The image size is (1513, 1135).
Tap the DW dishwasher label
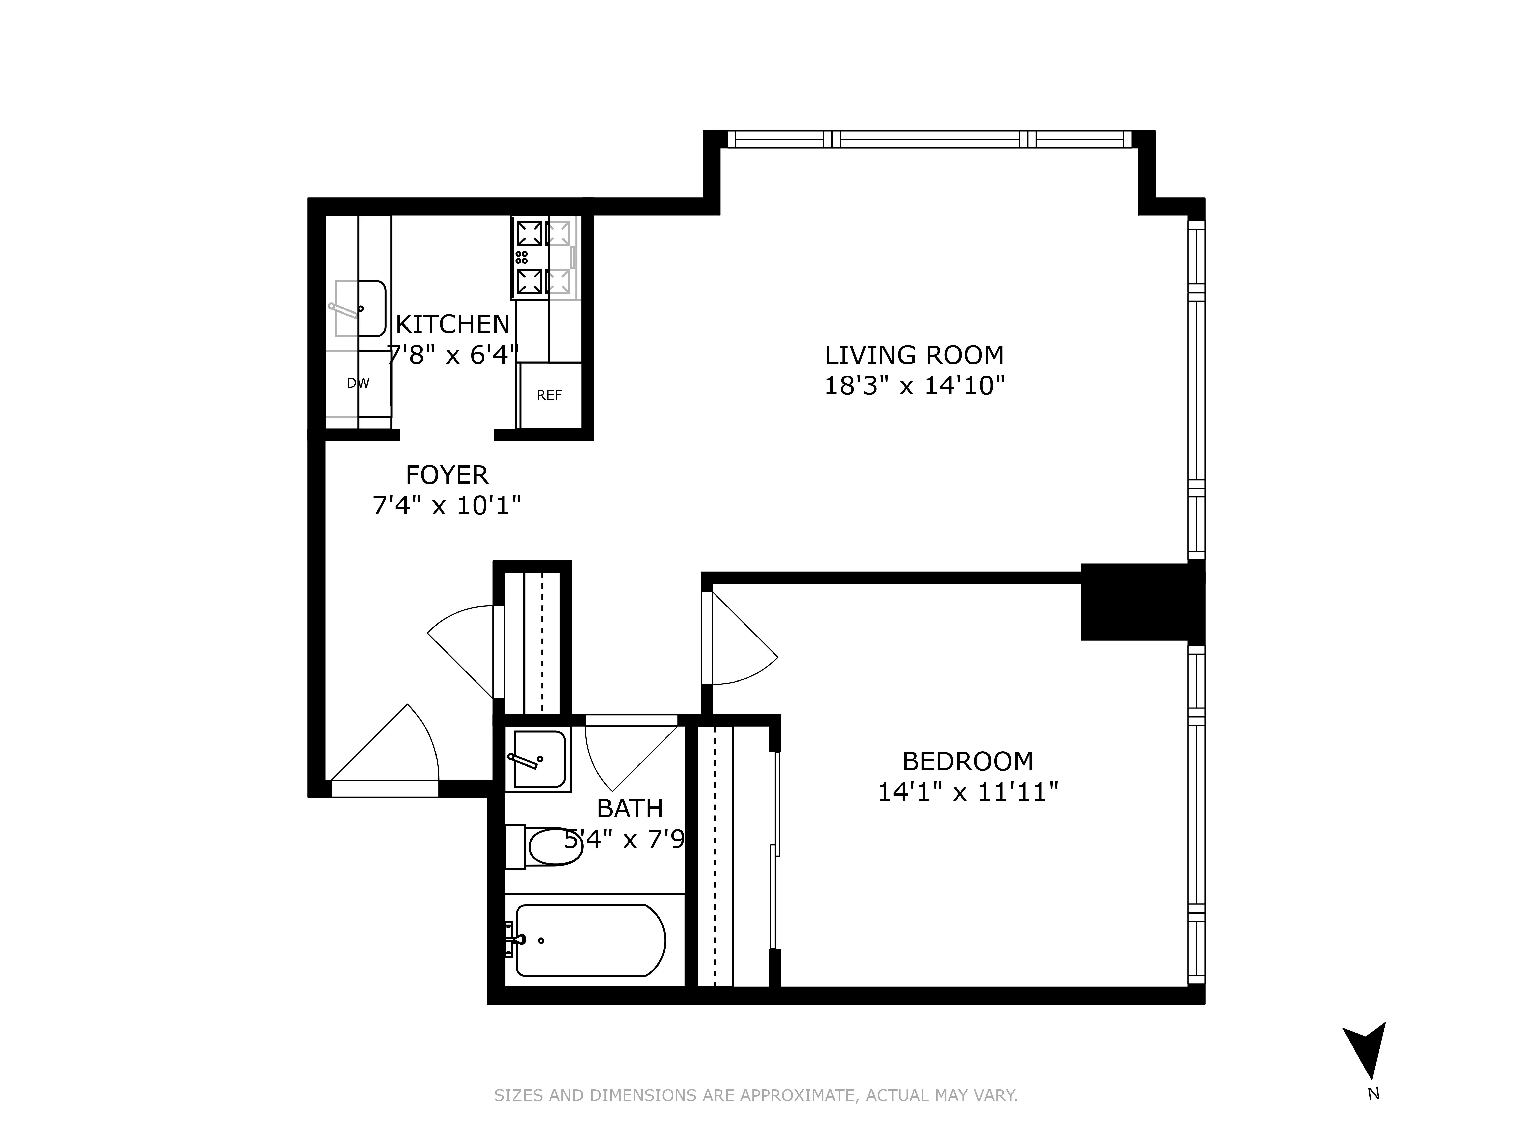click(x=358, y=383)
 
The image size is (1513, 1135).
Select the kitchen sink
click(x=360, y=308)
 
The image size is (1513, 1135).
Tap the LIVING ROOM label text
click(x=914, y=355)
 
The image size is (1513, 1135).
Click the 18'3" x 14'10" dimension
click(x=914, y=387)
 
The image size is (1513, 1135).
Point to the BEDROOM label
click(x=967, y=761)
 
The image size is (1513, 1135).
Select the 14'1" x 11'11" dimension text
click(x=967, y=792)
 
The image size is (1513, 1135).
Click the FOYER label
click(x=447, y=475)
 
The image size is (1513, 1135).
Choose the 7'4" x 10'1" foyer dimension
click(x=447, y=506)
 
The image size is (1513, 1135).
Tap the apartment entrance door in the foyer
click(x=387, y=753)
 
